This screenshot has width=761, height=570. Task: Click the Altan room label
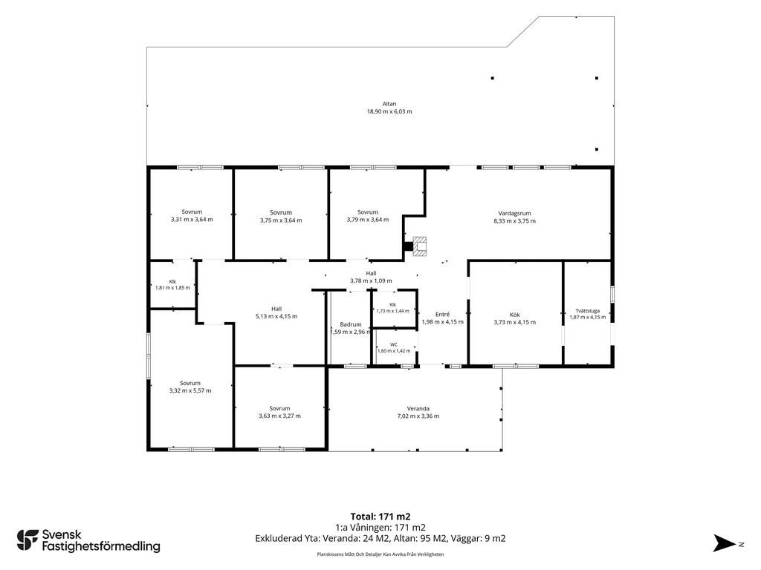click(389, 104)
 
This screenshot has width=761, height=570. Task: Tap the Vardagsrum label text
click(514, 213)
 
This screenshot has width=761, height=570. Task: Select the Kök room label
click(514, 315)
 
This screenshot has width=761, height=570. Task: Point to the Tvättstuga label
click(588, 311)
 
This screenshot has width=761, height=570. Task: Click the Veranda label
click(418, 409)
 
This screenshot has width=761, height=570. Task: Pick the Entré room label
click(443, 314)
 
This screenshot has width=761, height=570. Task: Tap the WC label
click(394, 344)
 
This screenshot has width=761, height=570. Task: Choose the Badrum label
click(351, 325)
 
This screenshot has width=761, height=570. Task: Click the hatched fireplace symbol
click(419, 246)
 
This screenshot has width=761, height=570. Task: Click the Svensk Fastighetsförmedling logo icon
click(27, 540)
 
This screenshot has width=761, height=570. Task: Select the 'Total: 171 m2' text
click(380, 517)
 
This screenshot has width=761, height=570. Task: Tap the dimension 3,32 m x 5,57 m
click(190, 390)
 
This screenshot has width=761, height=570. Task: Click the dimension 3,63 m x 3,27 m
click(279, 416)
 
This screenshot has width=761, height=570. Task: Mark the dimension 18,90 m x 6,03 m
click(389, 111)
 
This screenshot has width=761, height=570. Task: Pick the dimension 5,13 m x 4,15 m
click(276, 316)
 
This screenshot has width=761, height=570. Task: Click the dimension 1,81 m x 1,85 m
click(172, 288)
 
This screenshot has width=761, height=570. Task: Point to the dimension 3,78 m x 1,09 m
click(372, 281)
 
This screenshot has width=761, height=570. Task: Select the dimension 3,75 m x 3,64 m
click(281, 220)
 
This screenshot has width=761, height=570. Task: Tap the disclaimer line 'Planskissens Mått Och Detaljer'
click(380, 554)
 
